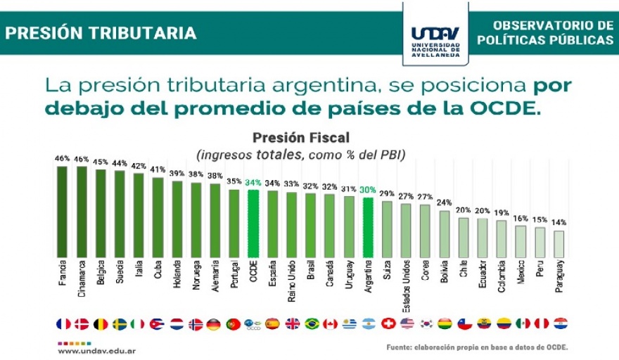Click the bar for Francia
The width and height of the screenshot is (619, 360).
click(x=62, y=211)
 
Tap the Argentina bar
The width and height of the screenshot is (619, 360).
click(x=367, y=227)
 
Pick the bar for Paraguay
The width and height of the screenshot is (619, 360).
click(x=559, y=243)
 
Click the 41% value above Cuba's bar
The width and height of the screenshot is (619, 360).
click(x=158, y=169)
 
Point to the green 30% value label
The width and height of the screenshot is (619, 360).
click(x=367, y=189)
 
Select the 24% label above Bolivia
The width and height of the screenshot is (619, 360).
click(x=444, y=202)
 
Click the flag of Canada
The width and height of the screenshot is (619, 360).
click(x=330, y=324)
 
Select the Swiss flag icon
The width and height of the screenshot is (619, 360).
click(x=387, y=324)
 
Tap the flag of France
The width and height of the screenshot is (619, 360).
click(x=63, y=324)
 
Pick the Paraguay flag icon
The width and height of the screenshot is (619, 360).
click(x=560, y=324)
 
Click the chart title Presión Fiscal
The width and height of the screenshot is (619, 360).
click(x=300, y=137)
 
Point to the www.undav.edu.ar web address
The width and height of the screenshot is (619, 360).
click(x=96, y=349)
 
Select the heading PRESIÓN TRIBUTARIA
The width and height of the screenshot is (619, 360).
click(x=101, y=33)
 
